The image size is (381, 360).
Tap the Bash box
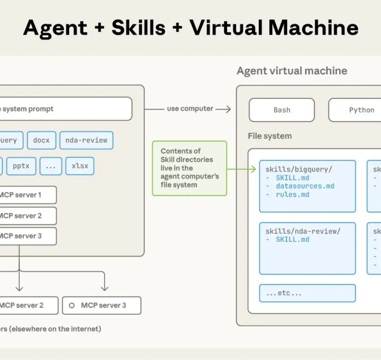[x=282, y=110]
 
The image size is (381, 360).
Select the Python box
[x=361, y=110]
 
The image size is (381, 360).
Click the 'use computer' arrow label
[x=190, y=109]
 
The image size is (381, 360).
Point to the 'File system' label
[x=270, y=136]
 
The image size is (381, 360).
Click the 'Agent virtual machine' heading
[x=292, y=71]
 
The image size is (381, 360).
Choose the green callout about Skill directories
[x=190, y=168]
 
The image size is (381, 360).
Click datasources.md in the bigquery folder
[x=305, y=186]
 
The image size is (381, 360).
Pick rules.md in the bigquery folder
[x=293, y=194]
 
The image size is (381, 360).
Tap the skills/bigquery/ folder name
[x=299, y=169]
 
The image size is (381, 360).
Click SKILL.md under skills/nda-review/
[x=293, y=240]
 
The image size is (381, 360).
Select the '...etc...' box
[x=307, y=293]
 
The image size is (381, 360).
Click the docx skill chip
[x=42, y=140]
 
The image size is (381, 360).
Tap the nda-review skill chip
[x=86, y=140]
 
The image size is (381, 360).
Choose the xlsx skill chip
[x=80, y=166]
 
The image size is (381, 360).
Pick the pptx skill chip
[x=21, y=166]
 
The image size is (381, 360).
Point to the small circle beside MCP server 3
[x=72, y=305]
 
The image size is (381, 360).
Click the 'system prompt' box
[x=64, y=109]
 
